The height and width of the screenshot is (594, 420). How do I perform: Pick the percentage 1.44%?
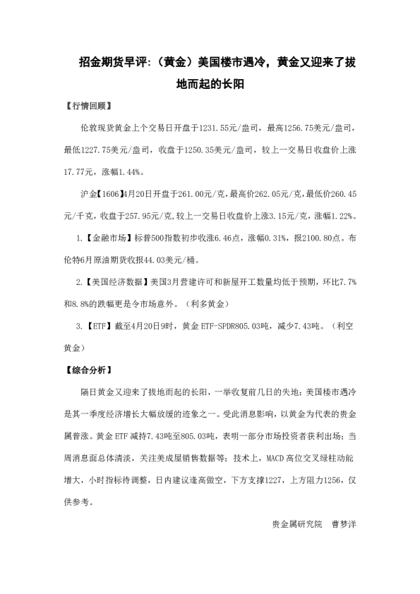(x=131, y=171)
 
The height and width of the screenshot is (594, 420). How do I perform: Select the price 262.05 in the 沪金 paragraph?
(x=256, y=193)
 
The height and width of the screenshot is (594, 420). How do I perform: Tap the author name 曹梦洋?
(x=344, y=523)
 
